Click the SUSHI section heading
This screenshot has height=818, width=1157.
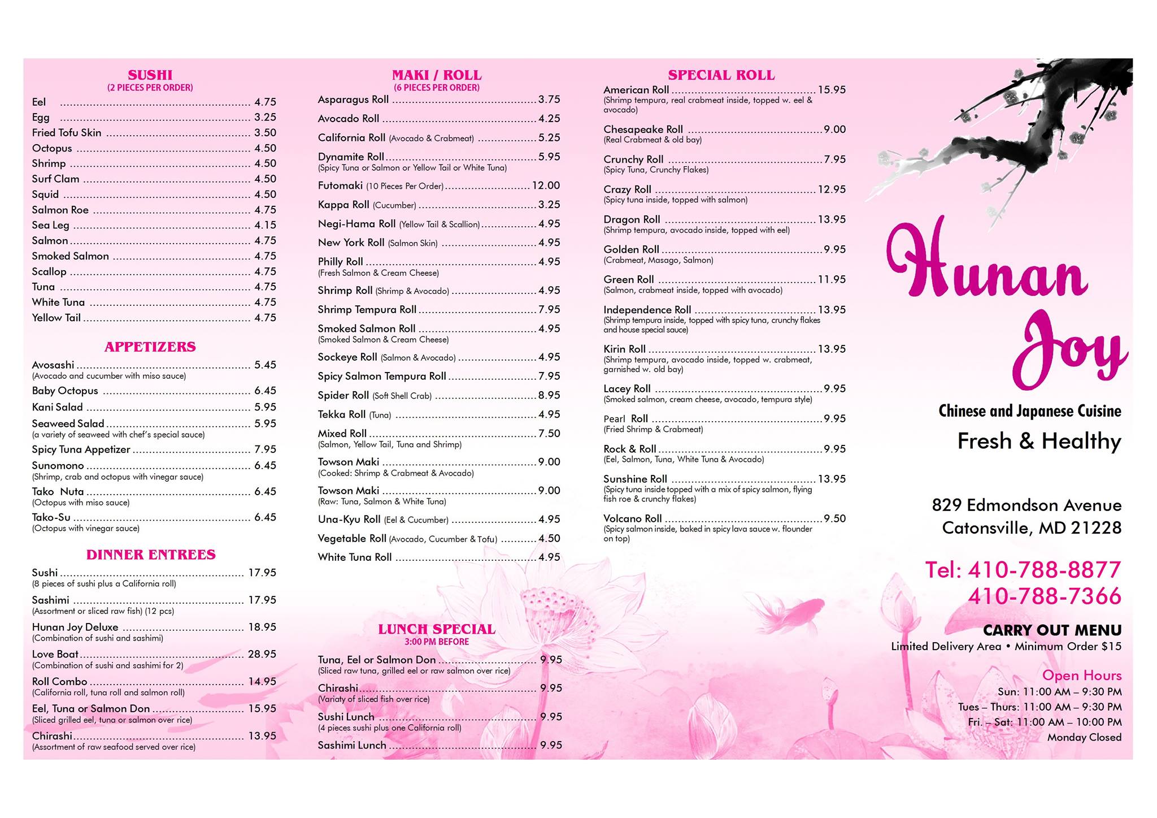click(150, 75)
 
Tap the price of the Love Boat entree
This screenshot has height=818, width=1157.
click(262, 654)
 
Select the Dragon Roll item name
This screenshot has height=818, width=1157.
click(632, 219)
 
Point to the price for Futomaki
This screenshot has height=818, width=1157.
click(546, 185)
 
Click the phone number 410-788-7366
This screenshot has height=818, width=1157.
click(1044, 596)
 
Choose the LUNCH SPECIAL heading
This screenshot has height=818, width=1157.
click(436, 629)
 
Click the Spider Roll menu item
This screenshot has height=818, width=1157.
click(343, 395)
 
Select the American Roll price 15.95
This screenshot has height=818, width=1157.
click(832, 90)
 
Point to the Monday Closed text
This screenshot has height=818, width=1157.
click(1084, 737)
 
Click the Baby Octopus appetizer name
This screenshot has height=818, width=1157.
click(65, 391)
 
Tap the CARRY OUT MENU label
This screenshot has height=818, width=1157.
click(1052, 630)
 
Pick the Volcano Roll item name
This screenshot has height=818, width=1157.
click(632, 518)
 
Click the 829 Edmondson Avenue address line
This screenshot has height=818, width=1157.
click(1026, 505)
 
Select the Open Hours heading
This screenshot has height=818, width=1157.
click(1081, 676)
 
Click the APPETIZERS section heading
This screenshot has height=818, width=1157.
click(150, 347)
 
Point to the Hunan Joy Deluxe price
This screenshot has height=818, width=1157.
click(262, 627)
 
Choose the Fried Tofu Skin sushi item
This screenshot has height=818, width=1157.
click(67, 133)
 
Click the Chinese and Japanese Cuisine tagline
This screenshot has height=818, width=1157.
click(1029, 411)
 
